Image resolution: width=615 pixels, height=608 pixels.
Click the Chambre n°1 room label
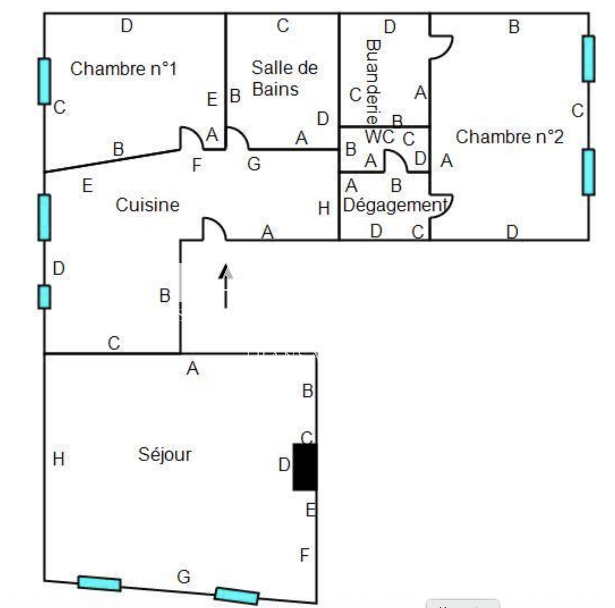point(123,69)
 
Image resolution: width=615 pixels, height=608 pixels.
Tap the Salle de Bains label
point(284,78)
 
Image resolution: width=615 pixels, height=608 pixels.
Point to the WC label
point(379,137)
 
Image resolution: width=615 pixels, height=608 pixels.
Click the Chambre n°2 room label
point(509,137)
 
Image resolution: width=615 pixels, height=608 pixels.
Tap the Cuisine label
point(147,205)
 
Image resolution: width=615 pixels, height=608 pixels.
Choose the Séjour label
point(164,454)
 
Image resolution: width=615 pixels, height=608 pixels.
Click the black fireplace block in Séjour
point(305,467)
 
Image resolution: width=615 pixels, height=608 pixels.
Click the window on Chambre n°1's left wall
point(44,81)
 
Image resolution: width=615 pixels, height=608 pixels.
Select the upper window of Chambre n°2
point(588,59)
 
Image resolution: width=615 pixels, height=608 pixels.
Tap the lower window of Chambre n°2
point(588,172)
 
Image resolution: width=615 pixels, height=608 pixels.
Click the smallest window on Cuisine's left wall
point(44,297)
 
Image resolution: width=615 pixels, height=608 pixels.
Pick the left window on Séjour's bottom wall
point(100,584)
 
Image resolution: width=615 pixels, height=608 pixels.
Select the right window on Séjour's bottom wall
point(237,596)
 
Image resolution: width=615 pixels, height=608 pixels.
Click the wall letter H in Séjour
point(58,459)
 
